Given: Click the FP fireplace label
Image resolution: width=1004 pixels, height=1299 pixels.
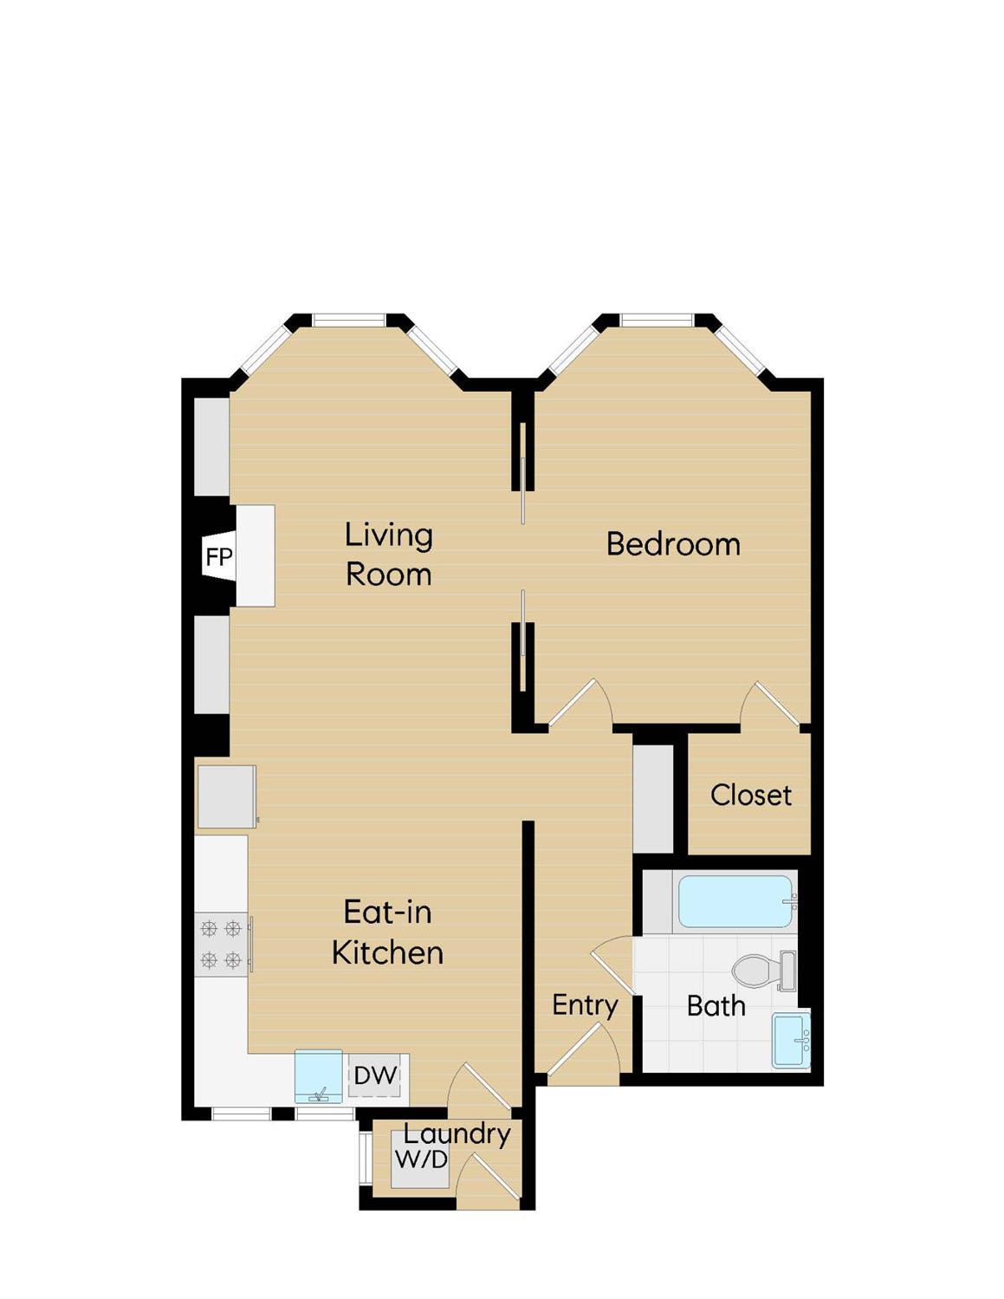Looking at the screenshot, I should point(218,557).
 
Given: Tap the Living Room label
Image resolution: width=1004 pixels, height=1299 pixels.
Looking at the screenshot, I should point(388,554).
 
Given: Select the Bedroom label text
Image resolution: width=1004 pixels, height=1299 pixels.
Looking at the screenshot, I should point(673,544).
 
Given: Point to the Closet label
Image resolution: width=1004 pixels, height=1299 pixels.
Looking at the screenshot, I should point(750,795).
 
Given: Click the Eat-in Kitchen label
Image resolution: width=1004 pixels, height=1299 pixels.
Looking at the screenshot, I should point(387,932).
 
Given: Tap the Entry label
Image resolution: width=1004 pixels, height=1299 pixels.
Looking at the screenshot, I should point(585,1005).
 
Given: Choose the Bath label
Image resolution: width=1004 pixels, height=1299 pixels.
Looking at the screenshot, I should point(716,1006).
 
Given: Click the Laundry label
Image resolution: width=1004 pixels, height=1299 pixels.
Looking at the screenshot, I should point(457,1133).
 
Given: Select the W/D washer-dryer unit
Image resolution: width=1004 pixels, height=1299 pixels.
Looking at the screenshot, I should point(420,1159).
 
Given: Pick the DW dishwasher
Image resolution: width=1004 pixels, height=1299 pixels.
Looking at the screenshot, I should point(376,1076).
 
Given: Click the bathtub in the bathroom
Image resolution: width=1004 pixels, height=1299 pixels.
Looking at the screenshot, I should point(735,901).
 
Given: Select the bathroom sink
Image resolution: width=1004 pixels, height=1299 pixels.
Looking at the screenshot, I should point(791,1040).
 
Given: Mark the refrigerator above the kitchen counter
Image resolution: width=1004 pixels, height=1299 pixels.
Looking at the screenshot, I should point(225,796).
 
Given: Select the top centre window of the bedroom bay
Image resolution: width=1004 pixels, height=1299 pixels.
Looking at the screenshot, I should point(657,321).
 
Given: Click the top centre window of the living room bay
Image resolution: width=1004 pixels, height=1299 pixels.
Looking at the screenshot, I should point(349,321).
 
